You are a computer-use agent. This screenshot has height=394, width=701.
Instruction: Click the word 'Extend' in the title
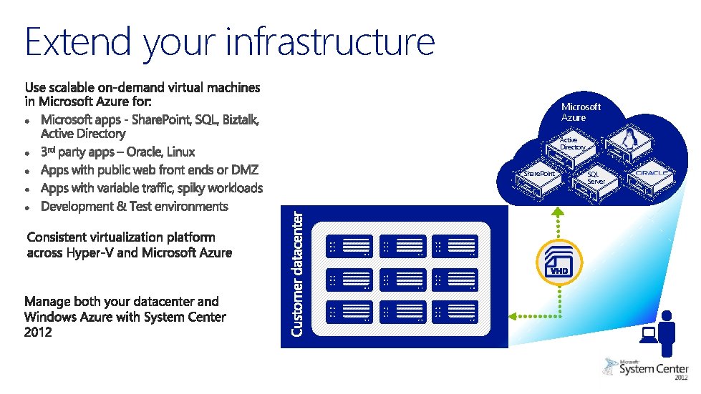tap(78, 41)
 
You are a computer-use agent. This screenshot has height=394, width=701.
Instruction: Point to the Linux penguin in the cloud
tap(632, 138)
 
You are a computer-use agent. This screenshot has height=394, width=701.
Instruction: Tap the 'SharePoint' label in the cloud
tap(538, 174)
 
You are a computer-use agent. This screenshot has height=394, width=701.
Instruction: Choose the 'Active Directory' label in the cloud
tap(573, 144)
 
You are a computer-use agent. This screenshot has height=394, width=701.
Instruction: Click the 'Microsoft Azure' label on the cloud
tap(581, 112)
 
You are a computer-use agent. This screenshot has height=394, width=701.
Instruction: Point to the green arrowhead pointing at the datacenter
tap(513, 314)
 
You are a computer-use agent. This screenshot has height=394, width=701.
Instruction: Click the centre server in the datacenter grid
tap(402, 280)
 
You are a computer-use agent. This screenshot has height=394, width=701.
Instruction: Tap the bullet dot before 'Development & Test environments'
tap(26, 207)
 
